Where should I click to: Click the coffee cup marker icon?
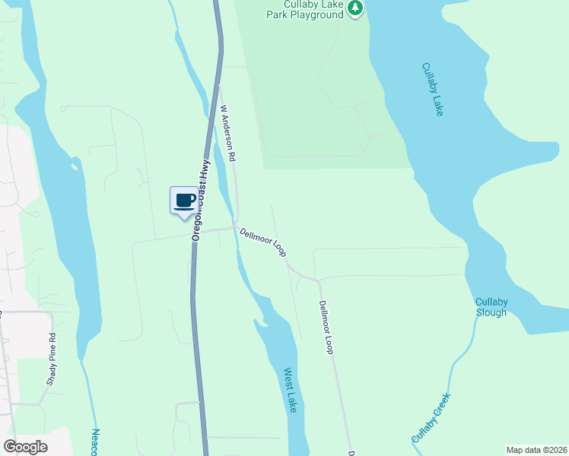click(183, 201)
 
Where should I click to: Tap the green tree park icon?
click(355, 8)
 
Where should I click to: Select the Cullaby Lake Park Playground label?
click(305, 8)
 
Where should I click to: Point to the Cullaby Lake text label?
click(432, 89)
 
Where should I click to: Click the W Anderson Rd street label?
click(228, 132)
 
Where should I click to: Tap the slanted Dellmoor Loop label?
click(262, 242)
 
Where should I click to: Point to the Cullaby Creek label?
click(431, 417)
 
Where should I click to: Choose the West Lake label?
click(290, 391)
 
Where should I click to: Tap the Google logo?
click(26, 447)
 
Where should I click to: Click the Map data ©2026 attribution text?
click(536, 449)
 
